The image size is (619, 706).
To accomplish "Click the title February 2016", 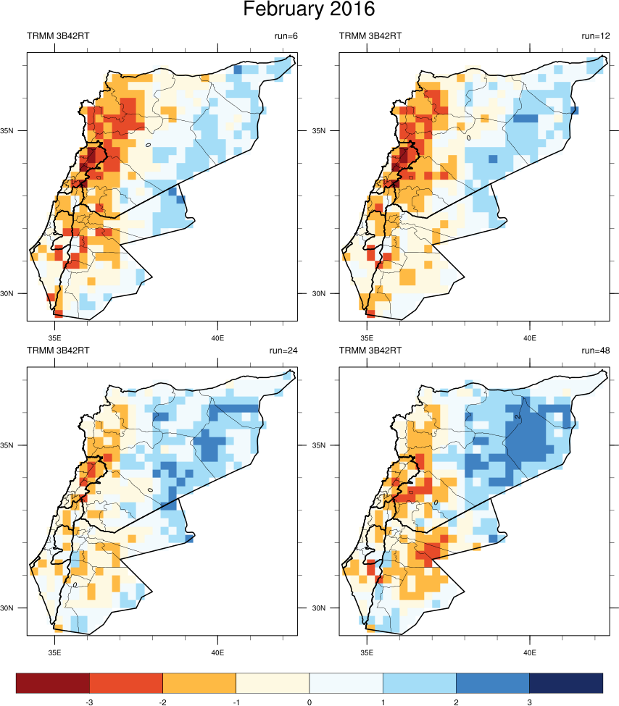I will click(x=309, y=10).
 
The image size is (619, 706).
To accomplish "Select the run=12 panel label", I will click(x=596, y=35).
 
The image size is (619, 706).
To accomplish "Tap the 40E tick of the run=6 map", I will click(x=217, y=337).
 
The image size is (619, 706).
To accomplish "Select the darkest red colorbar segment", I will click(x=52, y=683).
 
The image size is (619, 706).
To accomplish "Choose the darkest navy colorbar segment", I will click(x=566, y=683).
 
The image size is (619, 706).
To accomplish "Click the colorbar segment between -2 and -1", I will click(x=199, y=683).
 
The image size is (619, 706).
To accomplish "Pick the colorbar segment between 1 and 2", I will click(x=419, y=683).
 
